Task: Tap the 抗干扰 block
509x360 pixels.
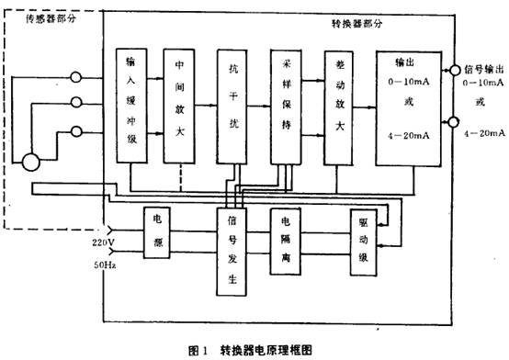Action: pos(232,106)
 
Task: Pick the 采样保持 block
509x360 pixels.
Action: pos(287,106)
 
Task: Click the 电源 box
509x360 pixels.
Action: pos(157,230)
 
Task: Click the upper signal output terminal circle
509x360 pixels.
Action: pos(453,70)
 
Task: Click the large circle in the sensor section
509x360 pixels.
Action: pos(32,163)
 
